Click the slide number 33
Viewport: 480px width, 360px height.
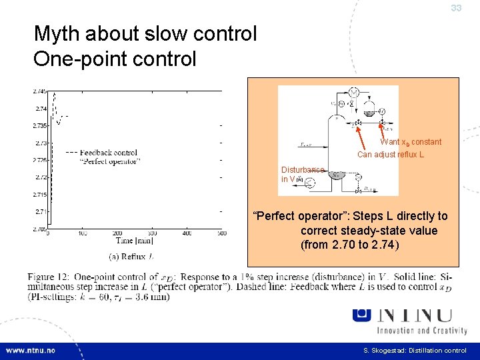[x=456, y=8]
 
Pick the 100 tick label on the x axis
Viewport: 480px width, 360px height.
[x=83, y=233]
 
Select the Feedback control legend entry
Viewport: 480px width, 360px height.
[x=107, y=152]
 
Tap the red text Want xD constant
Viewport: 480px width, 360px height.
[x=411, y=142]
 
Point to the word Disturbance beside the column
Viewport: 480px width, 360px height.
[x=302, y=170]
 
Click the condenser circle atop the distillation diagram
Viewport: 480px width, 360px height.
[x=354, y=92]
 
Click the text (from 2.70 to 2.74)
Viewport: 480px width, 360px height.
[x=350, y=245]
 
